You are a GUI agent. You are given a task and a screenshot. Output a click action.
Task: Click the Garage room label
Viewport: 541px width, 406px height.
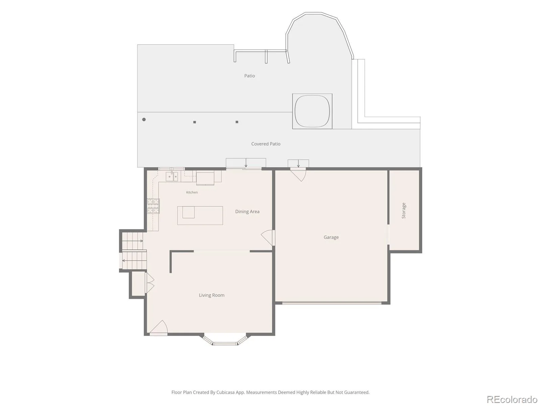(331, 238)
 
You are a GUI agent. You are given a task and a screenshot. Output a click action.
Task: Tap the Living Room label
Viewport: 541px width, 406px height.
(211, 295)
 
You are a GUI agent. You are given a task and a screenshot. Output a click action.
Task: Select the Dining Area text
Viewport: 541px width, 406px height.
(247, 211)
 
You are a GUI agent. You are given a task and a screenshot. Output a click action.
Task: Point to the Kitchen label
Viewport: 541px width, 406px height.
(192, 192)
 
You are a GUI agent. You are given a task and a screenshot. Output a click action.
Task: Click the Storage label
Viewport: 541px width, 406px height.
(403, 210)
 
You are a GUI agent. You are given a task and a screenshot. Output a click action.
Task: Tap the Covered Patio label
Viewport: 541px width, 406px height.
(266, 144)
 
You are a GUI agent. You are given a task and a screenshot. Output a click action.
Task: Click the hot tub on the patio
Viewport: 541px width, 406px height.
(312, 111)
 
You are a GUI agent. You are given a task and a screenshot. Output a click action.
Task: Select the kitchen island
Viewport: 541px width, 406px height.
(200, 216)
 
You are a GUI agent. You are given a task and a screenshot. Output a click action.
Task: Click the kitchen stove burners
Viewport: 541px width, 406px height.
(153, 206)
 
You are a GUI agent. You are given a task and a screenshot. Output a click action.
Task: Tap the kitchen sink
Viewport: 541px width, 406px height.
(172, 177)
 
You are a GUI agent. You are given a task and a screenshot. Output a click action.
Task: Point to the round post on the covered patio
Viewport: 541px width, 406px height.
(144, 119)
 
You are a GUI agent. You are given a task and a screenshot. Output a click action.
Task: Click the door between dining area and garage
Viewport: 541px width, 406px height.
(268, 238)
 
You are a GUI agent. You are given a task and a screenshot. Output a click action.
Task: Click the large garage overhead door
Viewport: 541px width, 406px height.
(332, 302)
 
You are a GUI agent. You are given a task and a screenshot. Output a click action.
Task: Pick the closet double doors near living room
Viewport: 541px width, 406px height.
(150, 283)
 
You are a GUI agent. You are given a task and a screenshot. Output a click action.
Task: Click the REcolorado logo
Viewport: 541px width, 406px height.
(512, 399)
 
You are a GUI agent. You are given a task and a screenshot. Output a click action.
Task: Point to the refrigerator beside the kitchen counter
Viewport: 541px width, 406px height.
(205, 178)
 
